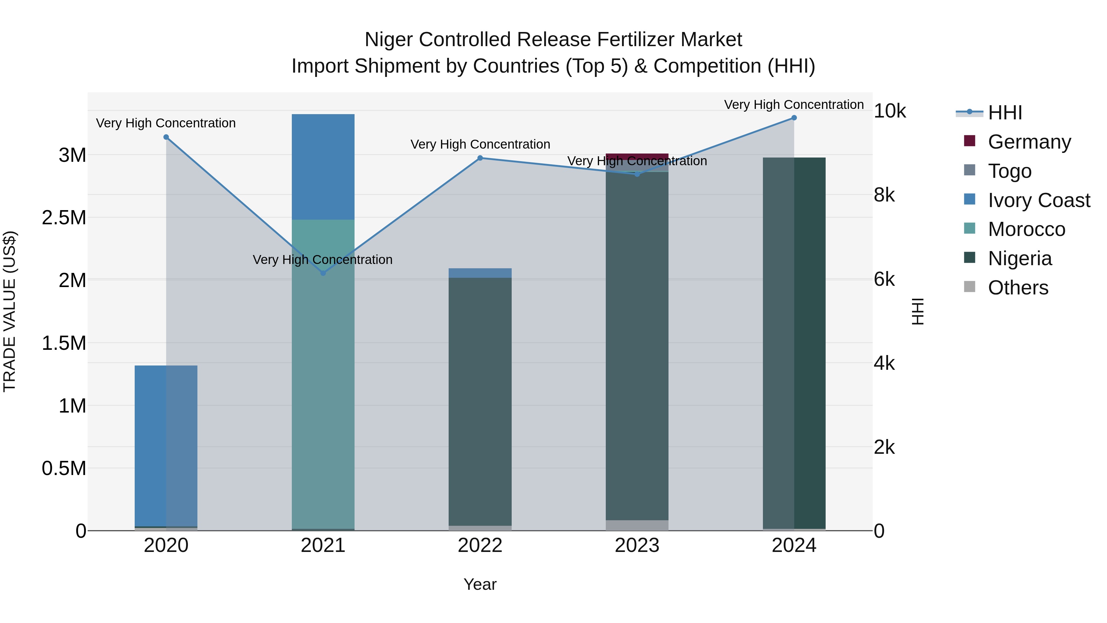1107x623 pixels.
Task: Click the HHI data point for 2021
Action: (x=323, y=273)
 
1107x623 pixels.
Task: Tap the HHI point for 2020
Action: (x=166, y=137)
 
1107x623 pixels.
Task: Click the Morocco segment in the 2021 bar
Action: (x=323, y=374)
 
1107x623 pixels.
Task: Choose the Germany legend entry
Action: (x=1029, y=142)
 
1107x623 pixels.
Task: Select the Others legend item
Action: (x=1018, y=288)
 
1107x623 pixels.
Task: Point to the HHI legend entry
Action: (x=1004, y=113)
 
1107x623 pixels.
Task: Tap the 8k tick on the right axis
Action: (x=884, y=195)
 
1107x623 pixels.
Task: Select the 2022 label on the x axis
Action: (x=480, y=545)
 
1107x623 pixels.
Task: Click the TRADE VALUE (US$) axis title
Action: (x=10, y=311)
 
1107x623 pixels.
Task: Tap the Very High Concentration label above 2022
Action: (x=480, y=145)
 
